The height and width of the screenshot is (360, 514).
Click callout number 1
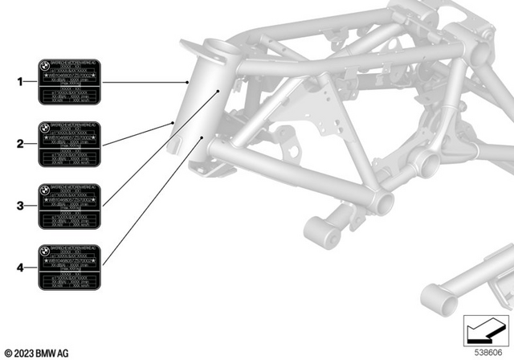click(20, 82)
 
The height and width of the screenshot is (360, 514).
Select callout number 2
click(20, 144)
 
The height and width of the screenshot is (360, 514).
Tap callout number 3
click(20, 206)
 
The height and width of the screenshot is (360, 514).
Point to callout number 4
click(20, 267)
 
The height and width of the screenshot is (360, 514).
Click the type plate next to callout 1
click(69, 82)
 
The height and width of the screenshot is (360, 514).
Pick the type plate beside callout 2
click(69, 144)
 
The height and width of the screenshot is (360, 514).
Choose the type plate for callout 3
click(69, 206)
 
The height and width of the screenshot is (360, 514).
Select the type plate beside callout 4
click(69, 267)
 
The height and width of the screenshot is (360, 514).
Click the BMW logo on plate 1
click(45, 65)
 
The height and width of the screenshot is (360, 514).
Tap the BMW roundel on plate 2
click(45, 127)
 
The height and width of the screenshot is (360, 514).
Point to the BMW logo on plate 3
click(45, 189)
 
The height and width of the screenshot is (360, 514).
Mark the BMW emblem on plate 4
click(45, 250)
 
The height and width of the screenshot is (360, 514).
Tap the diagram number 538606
click(486, 351)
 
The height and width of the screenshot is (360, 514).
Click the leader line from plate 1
click(145, 82)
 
